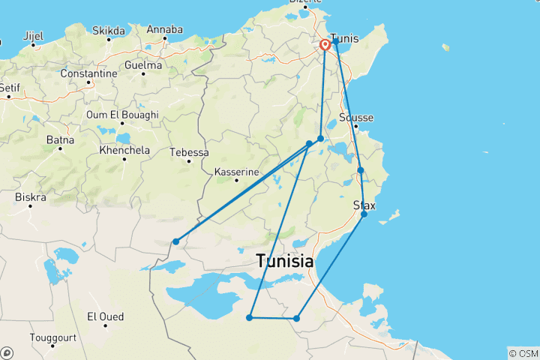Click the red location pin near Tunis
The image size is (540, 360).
point(325,44)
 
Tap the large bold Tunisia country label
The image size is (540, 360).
point(284,262)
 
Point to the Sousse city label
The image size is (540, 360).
point(356,118)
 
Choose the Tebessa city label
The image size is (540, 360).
point(190,152)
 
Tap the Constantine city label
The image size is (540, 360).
point(89,73)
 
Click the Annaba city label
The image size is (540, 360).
point(164,29)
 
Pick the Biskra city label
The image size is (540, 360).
point(30,197)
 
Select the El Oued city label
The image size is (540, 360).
point(106,316)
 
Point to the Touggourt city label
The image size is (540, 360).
point(53,337)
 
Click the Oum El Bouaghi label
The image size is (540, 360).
point(122,115)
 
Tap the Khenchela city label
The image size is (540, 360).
point(124,150)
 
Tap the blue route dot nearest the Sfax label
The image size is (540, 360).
point(364,214)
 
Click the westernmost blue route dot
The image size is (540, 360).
point(175,241)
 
